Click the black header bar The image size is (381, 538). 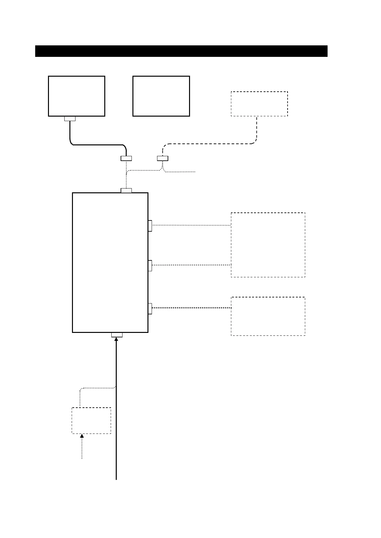[x=181, y=51]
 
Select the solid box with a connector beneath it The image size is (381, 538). [x=76, y=96]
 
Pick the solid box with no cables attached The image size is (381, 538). [x=161, y=96]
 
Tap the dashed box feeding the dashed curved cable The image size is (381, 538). [x=259, y=104]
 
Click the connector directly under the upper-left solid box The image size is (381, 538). [x=70, y=119]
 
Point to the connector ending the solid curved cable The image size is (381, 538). [x=126, y=158]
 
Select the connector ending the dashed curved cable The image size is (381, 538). [x=163, y=158]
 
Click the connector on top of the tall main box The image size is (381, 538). [x=126, y=191]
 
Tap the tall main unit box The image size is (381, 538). [x=110, y=262]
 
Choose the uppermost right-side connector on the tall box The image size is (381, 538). [x=150, y=226]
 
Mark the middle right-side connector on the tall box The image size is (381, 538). [x=150, y=265]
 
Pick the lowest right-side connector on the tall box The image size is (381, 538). [x=150, y=308]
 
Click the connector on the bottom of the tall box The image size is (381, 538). [x=117, y=335]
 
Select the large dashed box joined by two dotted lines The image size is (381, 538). [x=268, y=245]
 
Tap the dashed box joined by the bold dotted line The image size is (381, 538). [x=268, y=316]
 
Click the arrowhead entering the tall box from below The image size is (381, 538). [x=116, y=340]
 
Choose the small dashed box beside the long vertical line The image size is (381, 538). [x=91, y=420]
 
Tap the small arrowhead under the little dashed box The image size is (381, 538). [x=82, y=436]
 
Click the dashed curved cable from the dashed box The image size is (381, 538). [x=208, y=144]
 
